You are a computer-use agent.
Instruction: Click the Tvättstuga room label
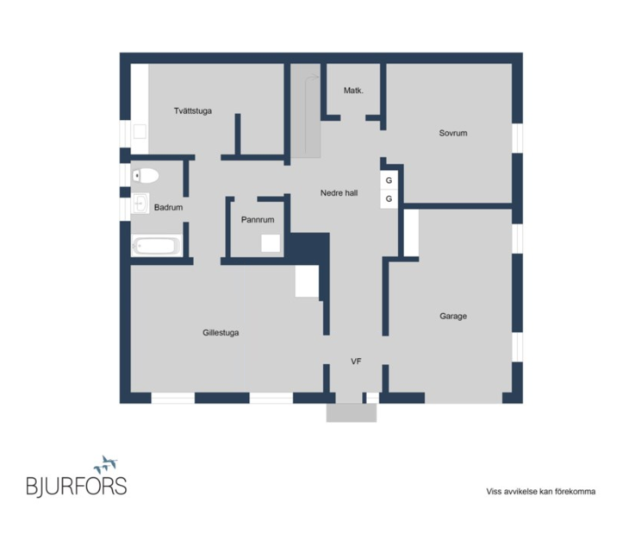pos(192,110)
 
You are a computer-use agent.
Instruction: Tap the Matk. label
pos(353,91)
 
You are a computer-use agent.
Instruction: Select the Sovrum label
pos(453,133)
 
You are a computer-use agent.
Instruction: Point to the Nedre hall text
pos(339,192)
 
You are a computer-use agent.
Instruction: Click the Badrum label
pos(169,208)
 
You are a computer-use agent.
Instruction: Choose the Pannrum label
pos(258,220)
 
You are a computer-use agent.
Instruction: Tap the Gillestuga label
pos(221,332)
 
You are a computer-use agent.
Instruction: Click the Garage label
pos(453,316)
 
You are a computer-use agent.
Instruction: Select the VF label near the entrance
pos(356,362)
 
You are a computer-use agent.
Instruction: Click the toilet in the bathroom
pos(146,175)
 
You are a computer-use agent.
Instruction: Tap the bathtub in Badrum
pos(157,246)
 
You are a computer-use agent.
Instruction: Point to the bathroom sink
pos(140,204)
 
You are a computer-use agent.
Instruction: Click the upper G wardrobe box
pos(389,180)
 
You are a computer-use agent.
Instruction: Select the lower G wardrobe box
pos(389,198)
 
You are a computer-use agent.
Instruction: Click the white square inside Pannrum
pos(271,243)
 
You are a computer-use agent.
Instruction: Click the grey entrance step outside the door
pos(352,413)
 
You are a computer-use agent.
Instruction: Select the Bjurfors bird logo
pos(105,465)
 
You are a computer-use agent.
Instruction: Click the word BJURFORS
pos(77,486)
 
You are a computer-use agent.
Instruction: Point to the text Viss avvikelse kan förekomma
pos(541,492)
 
